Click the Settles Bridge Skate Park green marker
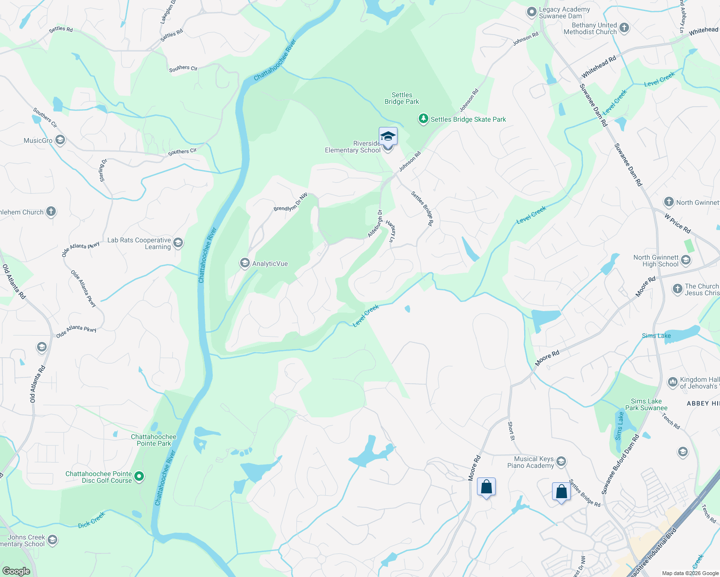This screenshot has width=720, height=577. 423,119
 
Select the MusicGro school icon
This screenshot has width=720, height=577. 60,140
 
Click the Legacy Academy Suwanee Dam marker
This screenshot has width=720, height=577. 531,13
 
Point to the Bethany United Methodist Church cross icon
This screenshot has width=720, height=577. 624,28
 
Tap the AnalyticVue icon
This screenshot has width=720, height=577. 245,263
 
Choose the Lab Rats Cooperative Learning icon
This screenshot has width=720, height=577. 178,243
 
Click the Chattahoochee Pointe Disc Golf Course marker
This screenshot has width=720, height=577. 139,477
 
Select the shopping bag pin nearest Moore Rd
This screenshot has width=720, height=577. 486,487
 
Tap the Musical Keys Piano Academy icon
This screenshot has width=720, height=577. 561,462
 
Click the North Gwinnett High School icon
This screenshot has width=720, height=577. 686,261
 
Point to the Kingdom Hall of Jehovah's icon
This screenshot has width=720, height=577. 673,382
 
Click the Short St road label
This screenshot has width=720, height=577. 511,431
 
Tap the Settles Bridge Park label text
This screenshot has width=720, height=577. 401,98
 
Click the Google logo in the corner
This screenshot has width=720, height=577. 16,571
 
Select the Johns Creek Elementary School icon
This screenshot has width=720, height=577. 52,540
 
